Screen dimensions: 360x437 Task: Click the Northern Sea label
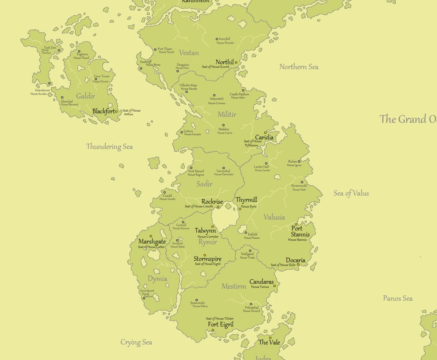point(299,67)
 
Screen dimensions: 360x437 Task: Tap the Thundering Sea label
point(109,147)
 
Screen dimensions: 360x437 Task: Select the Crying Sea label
point(136,342)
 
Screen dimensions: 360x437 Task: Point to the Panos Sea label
point(398,298)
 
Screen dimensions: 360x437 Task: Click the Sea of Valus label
point(351,193)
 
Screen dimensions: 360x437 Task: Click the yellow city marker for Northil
point(236,62)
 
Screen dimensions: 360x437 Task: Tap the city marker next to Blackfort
point(117,112)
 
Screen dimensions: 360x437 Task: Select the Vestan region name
point(189,53)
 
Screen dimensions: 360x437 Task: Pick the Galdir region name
point(86,96)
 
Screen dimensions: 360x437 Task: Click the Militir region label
point(227,115)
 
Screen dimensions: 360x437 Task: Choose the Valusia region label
point(274,217)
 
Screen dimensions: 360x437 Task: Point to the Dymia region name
point(157,279)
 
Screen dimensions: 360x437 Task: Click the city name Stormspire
point(208,259)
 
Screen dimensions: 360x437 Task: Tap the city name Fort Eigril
point(221,325)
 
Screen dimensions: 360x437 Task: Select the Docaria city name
point(295,260)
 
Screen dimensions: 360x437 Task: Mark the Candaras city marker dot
point(275,286)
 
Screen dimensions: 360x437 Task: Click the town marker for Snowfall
point(217,39)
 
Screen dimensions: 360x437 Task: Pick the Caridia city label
point(264,138)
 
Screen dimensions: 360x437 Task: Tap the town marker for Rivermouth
point(302,182)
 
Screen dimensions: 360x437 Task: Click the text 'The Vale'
point(269,342)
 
